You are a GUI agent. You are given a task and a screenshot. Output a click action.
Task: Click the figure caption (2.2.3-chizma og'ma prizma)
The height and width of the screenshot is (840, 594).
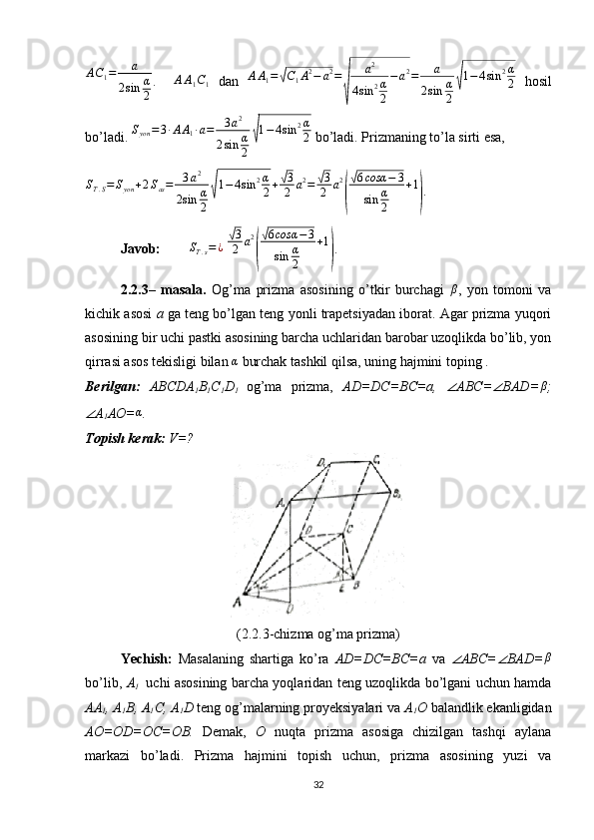click(318, 632)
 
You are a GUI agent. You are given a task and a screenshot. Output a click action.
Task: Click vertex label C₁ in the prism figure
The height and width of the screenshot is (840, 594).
click(376, 459)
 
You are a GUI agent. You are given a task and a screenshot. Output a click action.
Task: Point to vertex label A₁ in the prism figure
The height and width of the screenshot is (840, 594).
click(282, 502)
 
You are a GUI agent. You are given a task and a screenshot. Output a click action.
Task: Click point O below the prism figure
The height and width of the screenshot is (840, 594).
click(289, 608)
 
